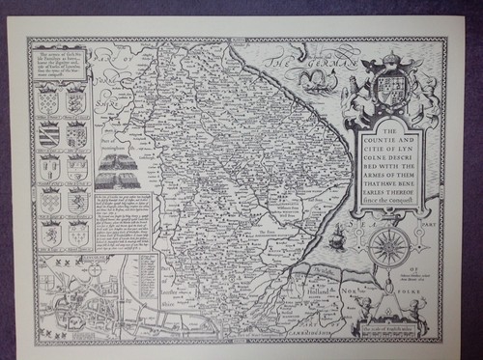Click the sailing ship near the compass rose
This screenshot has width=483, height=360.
[x=337, y=235]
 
